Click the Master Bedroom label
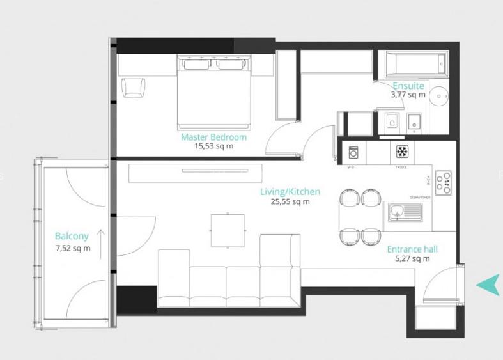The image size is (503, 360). tap(213, 137)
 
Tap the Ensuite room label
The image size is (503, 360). tap(408, 86)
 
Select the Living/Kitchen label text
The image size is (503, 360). tap(290, 192)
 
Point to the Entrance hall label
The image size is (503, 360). tap(412, 249)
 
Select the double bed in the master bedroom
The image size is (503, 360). tap(213, 91)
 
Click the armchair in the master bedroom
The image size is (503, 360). tap(133, 87)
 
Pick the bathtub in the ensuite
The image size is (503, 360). tap(410, 65)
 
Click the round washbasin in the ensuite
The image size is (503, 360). tap(438, 97)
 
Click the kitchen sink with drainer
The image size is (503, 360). tap(405, 210)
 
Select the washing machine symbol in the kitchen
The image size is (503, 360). tap(353, 152)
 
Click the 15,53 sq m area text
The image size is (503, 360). tap(213, 146)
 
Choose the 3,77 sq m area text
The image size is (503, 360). tap(408, 95)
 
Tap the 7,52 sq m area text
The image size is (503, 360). tap(72, 248)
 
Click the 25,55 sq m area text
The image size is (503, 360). tap(290, 201)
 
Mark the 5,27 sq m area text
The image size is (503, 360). tap(412, 259)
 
